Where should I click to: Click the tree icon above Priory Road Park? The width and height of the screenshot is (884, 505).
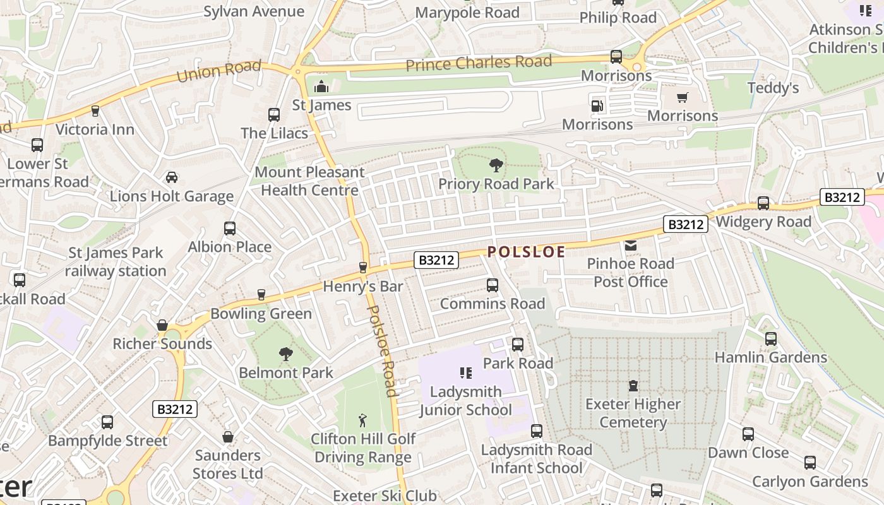[496, 166]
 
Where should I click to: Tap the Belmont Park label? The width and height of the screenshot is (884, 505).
[285, 372]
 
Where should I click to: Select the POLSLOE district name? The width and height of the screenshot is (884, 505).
[526, 252]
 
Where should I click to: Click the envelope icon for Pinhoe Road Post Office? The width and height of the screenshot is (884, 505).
[630, 245]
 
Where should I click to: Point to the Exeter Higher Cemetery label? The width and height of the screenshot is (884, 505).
[633, 413]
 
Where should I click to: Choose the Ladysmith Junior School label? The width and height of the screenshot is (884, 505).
[466, 401]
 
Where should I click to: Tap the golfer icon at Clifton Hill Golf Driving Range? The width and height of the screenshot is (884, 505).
[362, 420]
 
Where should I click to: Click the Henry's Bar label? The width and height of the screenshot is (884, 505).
[362, 287]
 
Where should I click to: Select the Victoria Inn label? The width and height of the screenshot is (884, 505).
[95, 129]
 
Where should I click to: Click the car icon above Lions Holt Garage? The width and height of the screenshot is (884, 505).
[171, 177]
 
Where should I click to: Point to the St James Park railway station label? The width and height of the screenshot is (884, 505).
[116, 262]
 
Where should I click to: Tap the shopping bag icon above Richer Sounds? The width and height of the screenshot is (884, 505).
[162, 326]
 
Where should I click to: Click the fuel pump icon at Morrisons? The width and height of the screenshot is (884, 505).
[597, 106]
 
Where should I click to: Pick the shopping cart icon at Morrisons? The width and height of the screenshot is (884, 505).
[682, 98]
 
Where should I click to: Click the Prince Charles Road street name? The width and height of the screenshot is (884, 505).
[479, 63]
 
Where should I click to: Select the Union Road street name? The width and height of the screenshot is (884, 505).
[218, 71]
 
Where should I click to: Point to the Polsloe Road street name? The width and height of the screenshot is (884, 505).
[383, 351]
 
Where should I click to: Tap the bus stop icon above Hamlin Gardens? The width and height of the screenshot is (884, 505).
[770, 339]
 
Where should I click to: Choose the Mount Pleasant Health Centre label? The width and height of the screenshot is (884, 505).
[309, 181]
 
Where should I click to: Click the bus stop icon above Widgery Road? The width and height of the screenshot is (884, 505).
[763, 203]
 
